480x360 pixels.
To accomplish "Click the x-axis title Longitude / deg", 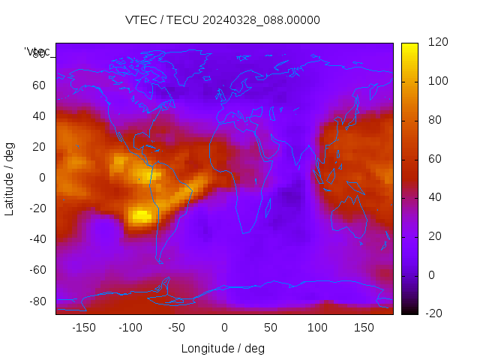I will pos(223,348).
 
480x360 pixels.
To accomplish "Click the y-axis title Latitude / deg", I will pos(10,178).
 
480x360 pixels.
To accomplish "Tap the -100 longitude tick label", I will pos(130,327).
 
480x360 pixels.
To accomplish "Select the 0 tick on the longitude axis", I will pos(224,327).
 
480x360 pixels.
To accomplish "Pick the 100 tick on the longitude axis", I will pos(318,327).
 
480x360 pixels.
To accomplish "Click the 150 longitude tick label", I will pos(364,327).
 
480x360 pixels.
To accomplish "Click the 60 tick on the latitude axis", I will pos(39,85).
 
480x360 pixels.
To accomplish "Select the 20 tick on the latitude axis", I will pos(39,147).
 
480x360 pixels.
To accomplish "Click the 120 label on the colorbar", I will pos(438,43).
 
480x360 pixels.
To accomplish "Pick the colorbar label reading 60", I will pos(435,159).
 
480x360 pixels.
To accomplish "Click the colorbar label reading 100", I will pos(438,81).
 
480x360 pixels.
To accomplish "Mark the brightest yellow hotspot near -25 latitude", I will pos(140,217).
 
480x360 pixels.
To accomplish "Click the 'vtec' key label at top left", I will pos(37,52).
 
